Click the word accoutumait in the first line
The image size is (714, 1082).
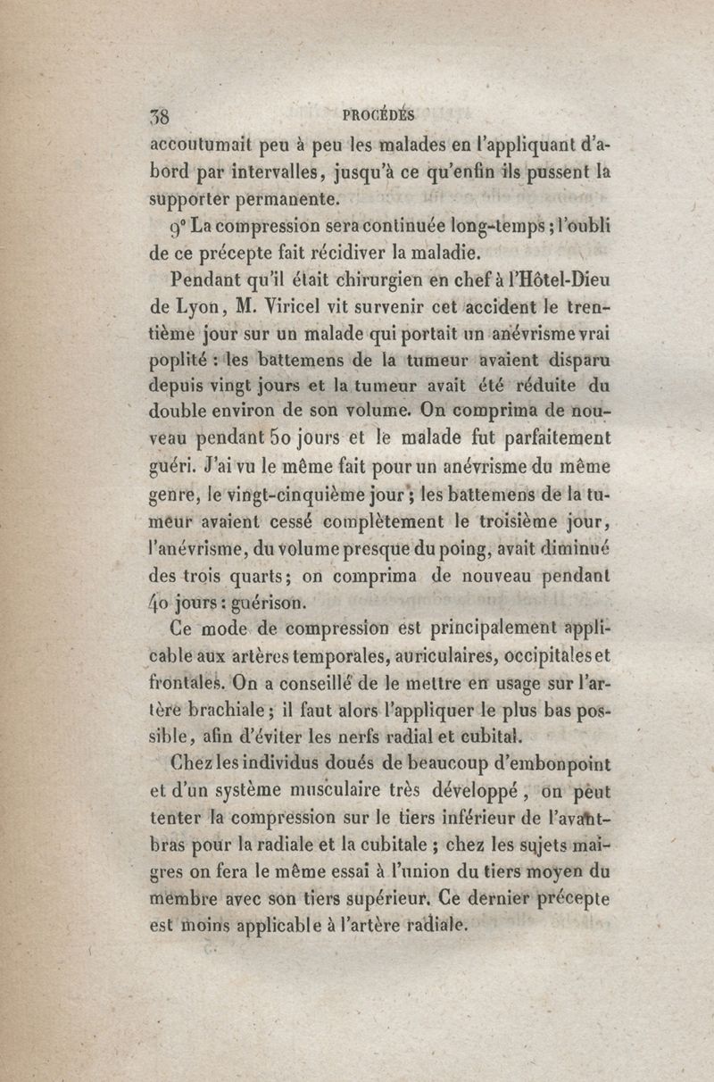pos(202,143)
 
